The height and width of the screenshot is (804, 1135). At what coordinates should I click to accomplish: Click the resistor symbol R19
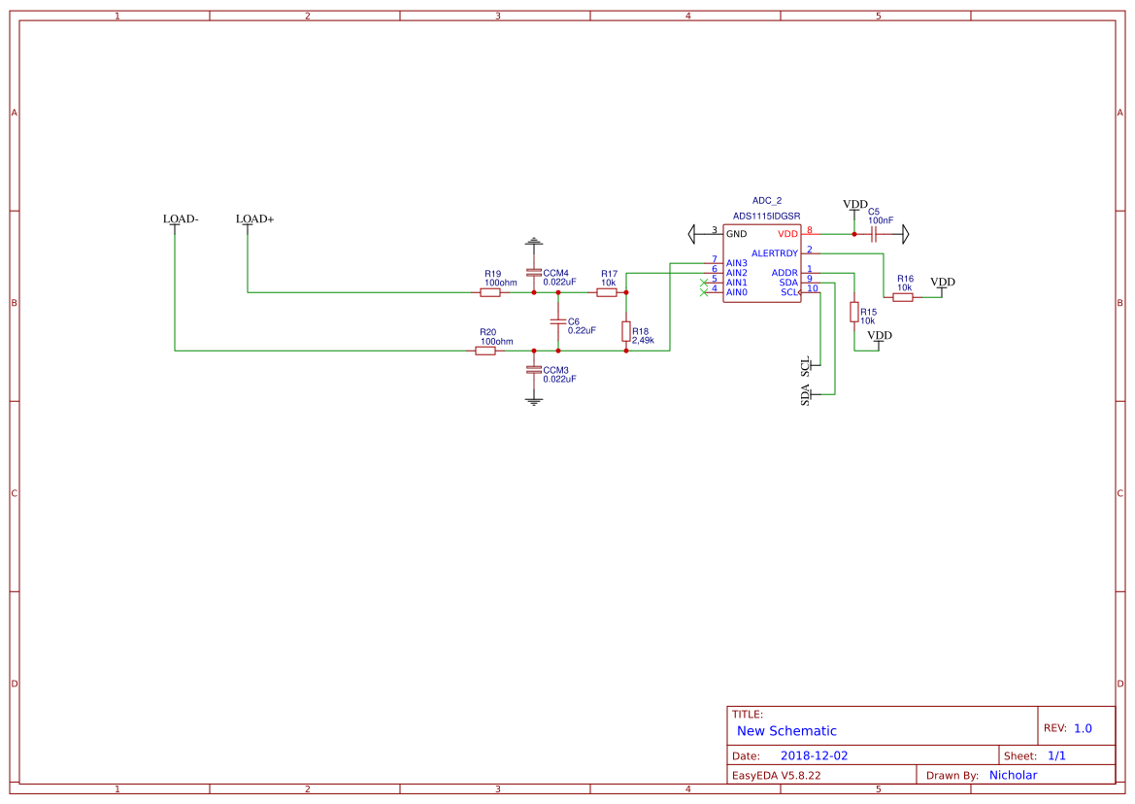coord(490,292)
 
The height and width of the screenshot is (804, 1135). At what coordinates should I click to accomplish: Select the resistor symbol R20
coord(485,351)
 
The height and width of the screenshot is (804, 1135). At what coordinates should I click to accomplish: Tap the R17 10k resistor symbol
coord(607,292)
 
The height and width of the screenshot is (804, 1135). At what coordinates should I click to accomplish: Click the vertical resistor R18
coord(626,331)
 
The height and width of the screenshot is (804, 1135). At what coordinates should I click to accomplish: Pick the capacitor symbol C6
coord(558,321)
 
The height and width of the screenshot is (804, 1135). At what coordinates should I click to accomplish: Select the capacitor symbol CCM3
coord(533,370)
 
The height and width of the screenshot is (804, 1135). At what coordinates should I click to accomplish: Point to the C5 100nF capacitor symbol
coord(874,234)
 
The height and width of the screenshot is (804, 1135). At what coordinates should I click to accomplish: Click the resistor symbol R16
coord(903,298)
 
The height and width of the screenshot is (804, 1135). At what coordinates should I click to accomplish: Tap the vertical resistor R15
coord(854,312)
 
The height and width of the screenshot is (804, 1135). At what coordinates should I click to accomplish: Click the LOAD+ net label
coord(254,219)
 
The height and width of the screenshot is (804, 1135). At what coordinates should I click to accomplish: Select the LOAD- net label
coord(181,219)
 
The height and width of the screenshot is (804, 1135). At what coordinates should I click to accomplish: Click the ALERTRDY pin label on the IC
coord(775,253)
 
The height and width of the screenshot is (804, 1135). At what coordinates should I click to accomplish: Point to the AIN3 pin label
coord(737,263)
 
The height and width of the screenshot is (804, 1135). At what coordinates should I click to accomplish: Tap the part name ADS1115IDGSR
coord(767,216)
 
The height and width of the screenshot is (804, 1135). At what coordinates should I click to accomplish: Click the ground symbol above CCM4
coord(533,241)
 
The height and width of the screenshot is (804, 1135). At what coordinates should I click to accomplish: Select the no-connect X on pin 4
coord(704,292)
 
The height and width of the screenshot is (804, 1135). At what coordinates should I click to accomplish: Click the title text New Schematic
coord(786,731)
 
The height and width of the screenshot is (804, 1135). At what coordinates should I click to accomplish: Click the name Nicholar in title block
coord(1013,775)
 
